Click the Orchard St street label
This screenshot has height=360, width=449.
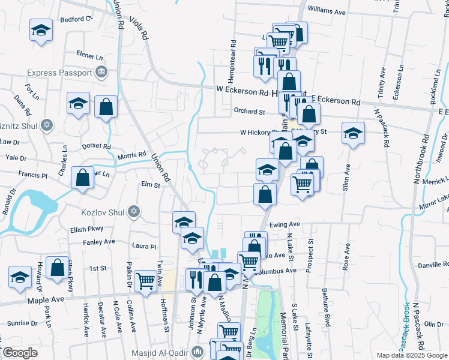coord(250,112)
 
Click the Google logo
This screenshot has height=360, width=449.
coord(19,353)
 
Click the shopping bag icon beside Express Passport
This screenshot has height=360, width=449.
coord(106,108)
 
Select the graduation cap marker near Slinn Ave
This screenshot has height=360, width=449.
coord(353,134)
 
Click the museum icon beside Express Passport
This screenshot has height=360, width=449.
coord(101,73)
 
